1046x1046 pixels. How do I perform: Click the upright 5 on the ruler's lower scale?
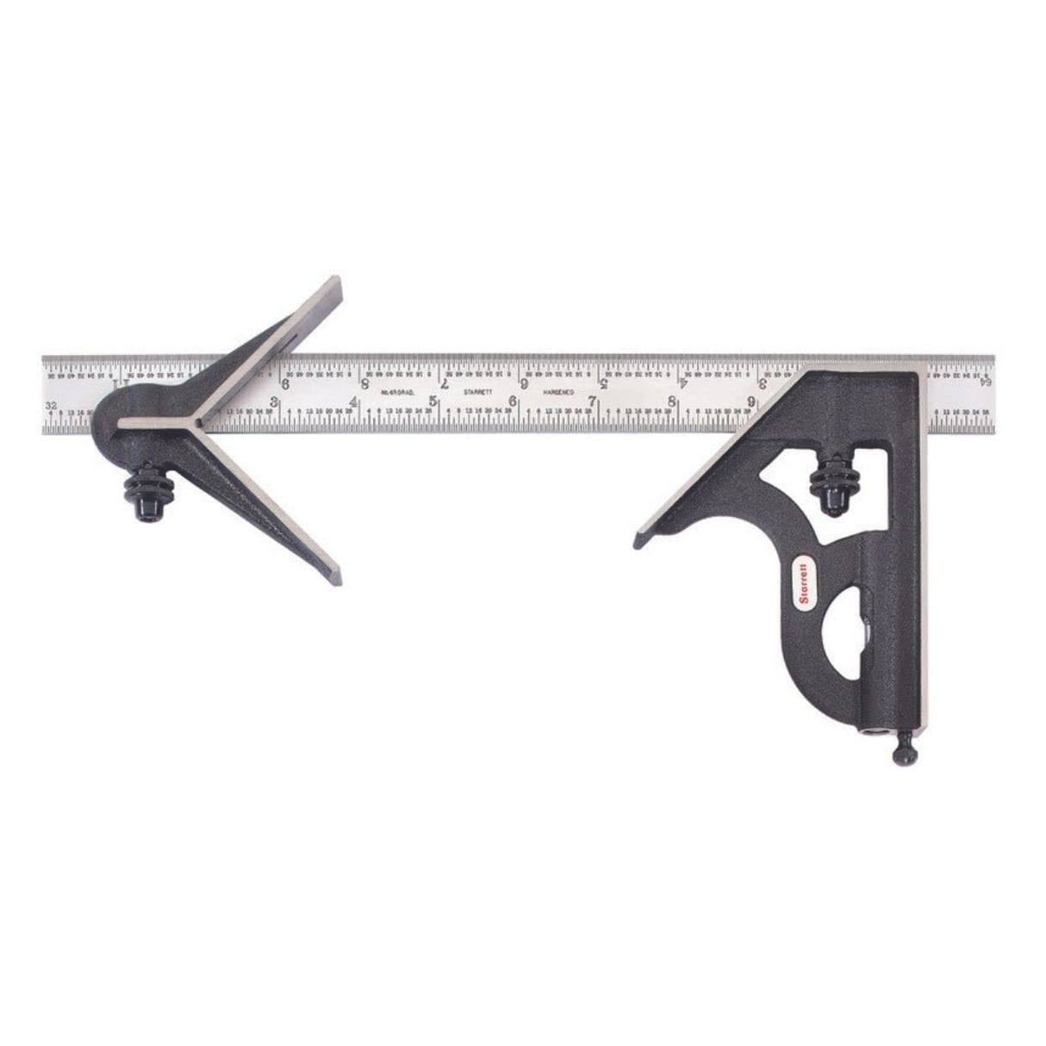point(434,401)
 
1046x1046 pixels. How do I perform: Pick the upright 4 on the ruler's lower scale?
point(356,401)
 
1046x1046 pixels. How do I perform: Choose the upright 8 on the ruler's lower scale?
point(671,401)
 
